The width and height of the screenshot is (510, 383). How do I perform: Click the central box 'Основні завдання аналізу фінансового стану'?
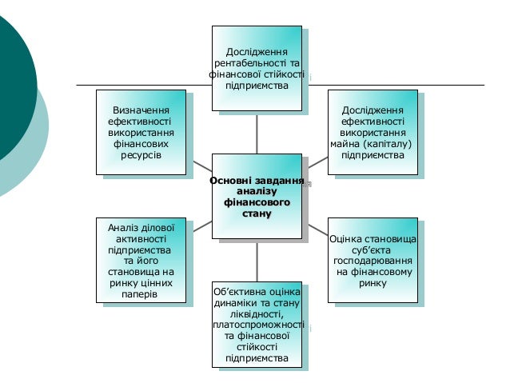(257, 195)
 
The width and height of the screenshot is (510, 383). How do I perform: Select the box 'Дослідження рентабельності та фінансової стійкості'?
(257, 68)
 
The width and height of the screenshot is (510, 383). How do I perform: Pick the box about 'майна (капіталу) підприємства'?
(372, 132)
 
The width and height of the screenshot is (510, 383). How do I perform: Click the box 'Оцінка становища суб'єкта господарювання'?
(373, 261)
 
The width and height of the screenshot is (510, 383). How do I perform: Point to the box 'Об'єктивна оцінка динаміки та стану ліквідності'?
(257, 324)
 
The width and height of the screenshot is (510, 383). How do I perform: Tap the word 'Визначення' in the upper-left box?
(144, 109)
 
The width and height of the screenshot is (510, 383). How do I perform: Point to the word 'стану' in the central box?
(257, 214)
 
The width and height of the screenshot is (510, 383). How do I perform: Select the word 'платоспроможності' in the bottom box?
(258, 325)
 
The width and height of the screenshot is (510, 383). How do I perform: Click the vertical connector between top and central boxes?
(257, 131)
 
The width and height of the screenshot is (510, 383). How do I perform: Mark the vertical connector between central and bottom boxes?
(257, 260)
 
